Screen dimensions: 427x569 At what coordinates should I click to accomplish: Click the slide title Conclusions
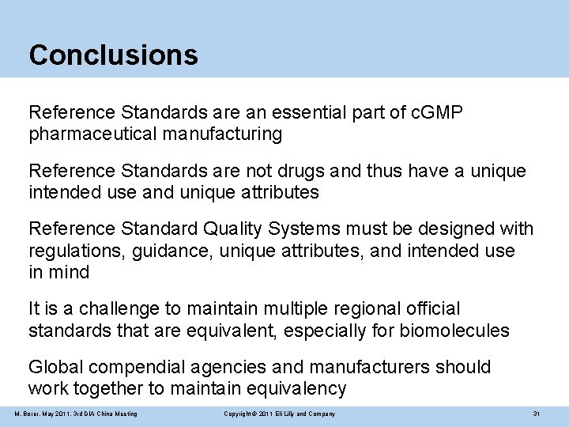pos(113,55)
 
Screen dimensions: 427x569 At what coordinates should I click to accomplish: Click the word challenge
pos(121,308)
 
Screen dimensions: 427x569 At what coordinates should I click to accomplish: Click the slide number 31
pos(536,414)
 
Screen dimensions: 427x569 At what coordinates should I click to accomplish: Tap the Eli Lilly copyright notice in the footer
pos(279,414)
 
